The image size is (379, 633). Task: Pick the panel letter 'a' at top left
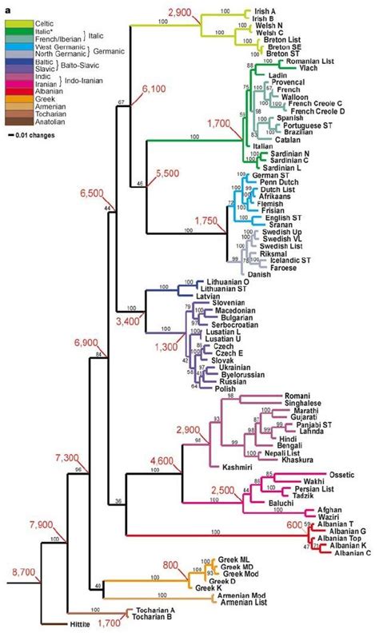[x=6, y=6]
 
